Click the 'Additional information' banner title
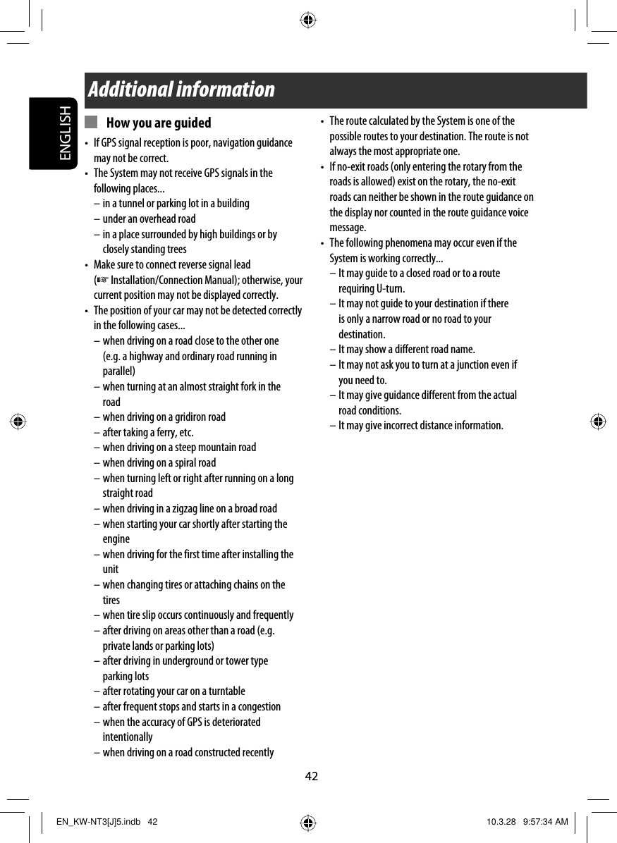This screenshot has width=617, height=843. (181, 90)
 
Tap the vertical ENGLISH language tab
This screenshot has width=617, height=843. (65, 134)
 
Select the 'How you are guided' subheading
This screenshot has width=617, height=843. (159, 123)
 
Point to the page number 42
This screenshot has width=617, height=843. (311, 777)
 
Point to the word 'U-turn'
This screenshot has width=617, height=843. (391, 289)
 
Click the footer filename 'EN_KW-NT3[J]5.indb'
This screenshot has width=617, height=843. (97, 823)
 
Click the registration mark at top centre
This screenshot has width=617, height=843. (308, 20)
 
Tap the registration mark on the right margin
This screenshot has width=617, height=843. (598, 422)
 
